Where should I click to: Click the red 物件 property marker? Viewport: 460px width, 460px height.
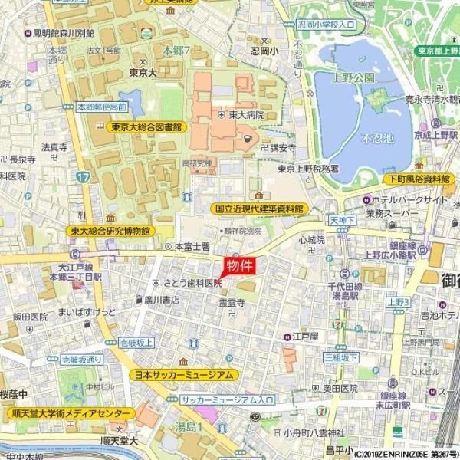[x=238, y=267]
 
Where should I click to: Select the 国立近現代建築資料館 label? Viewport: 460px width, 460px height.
[x=258, y=208]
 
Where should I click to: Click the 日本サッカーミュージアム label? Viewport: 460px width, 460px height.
[x=183, y=375]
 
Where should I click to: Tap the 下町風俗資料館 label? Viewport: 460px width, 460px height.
[x=417, y=179]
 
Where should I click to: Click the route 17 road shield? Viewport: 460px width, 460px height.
[x=82, y=177]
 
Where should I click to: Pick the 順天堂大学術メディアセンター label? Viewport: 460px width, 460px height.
[x=70, y=414]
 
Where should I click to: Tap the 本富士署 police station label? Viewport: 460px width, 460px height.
[x=192, y=247]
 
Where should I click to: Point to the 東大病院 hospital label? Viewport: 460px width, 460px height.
[x=246, y=114]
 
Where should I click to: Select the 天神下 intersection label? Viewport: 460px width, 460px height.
[x=343, y=220]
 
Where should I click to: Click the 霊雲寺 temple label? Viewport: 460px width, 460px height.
[x=232, y=303]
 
